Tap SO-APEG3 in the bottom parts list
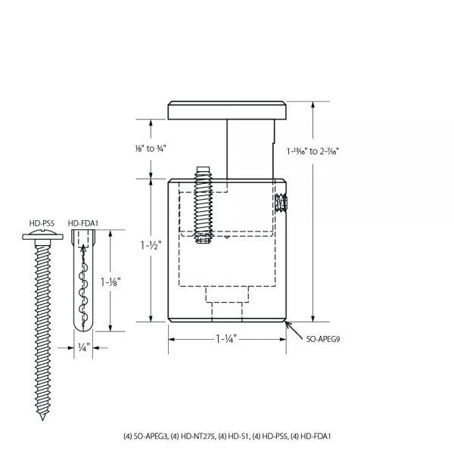(x=148, y=437)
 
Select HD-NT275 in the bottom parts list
(x=193, y=437)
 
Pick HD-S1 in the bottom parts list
(x=235, y=437)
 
